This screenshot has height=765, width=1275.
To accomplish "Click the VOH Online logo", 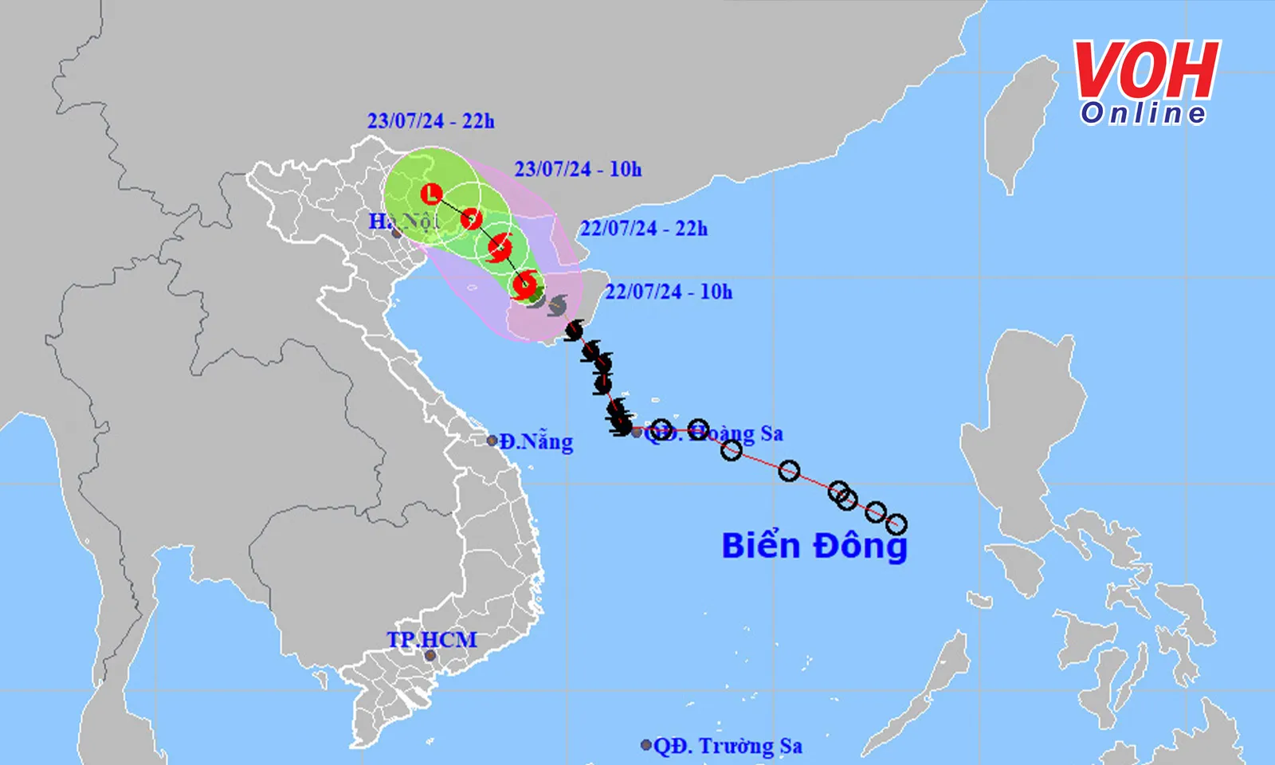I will point(1145,83).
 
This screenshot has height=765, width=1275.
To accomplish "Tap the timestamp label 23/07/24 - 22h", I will point(430,121).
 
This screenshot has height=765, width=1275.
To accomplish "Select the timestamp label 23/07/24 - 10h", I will point(578,169).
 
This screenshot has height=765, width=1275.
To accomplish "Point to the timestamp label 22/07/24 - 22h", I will point(644,229).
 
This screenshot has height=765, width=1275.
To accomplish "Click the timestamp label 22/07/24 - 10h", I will point(669,292).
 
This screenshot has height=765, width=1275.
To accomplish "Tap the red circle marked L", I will point(431,194).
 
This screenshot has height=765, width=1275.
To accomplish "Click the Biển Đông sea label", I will point(814,547).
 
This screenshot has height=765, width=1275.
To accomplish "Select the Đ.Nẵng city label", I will point(536,441).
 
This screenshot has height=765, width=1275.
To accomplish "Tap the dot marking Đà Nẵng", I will point(492,441).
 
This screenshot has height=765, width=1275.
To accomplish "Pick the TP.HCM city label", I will point(432,639).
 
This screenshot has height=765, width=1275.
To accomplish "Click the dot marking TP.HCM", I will point(430,656).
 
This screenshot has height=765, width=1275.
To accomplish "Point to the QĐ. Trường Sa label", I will point(728,746).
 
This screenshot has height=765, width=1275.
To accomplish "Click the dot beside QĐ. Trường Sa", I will point(646,745).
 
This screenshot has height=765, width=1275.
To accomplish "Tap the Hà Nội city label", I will point(403,221).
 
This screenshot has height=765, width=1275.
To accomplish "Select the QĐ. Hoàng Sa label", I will point(714,433).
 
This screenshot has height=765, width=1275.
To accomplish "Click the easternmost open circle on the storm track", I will point(896,524).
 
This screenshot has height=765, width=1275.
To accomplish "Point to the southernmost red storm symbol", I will point(524,284).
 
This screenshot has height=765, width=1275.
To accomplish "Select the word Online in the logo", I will point(1144,113).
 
